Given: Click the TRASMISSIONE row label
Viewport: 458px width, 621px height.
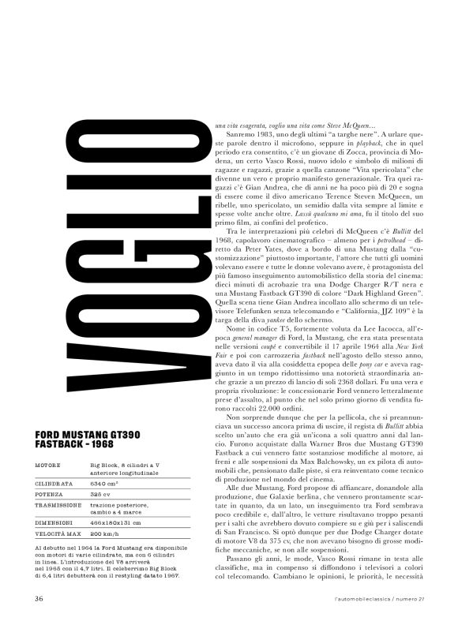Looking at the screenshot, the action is point(60,511).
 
